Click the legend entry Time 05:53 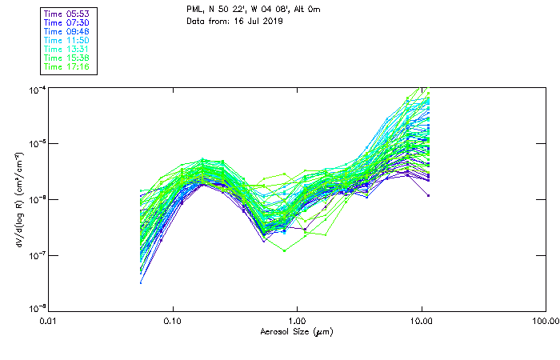pos(67,14)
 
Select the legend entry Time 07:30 pos(67,23)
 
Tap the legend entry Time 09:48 pos(67,32)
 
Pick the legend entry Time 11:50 pos(67,40)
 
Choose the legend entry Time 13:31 pos(67,49)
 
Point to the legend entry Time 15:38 pos(67,58)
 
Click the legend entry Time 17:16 pos(67,66)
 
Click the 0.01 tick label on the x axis pos(49,322)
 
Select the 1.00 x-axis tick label pos(298,322)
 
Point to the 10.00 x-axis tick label pos(422,322)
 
